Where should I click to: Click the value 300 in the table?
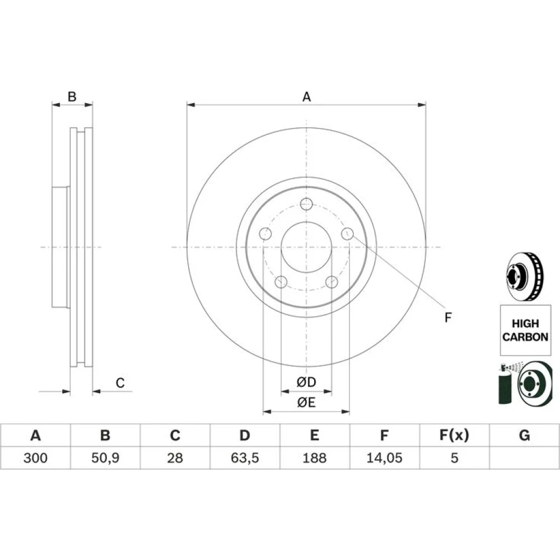click(35, 458)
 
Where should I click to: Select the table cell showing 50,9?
click(105, 458)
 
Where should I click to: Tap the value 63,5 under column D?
click(245, 458)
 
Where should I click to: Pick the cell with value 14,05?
click(384, 458)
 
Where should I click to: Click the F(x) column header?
click(454, 436)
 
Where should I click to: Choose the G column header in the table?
click(524, 436)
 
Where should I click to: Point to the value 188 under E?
click(314, 458)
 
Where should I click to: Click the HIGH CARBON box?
click(525, 330)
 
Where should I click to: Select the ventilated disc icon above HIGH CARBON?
click(525, 276)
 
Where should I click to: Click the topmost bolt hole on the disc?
click(306, 204)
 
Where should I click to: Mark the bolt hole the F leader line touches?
click(347, 234)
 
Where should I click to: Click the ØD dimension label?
click(306, 382)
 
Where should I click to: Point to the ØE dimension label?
click(306, 403)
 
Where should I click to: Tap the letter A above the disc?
click(306, 97)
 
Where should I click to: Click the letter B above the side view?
click(72, 96)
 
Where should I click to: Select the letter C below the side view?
click(120, 383)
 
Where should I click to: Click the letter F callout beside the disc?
click(448, 317)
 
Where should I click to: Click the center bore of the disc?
click(306, 247)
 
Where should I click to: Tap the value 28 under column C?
click(175, 458)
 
